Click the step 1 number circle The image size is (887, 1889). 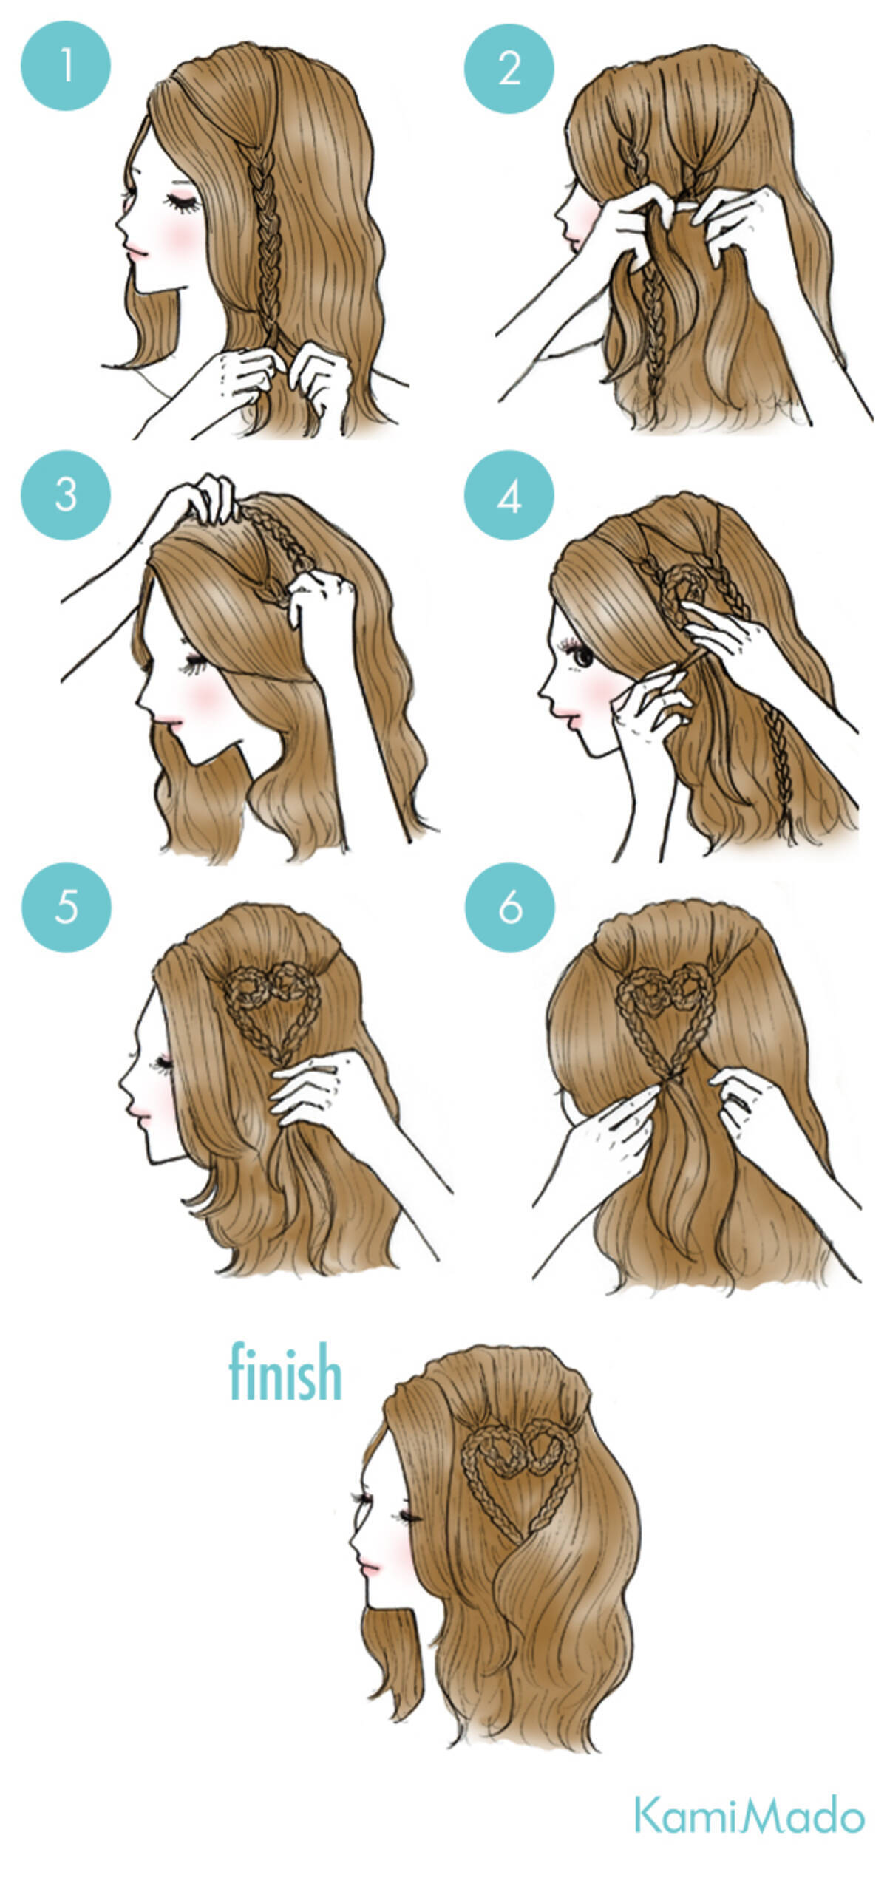66,66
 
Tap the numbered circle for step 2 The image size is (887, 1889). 509,68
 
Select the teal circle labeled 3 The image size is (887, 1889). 66,494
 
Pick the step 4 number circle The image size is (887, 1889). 509,496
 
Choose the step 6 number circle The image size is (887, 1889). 510,908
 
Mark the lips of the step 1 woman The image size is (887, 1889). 135,252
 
